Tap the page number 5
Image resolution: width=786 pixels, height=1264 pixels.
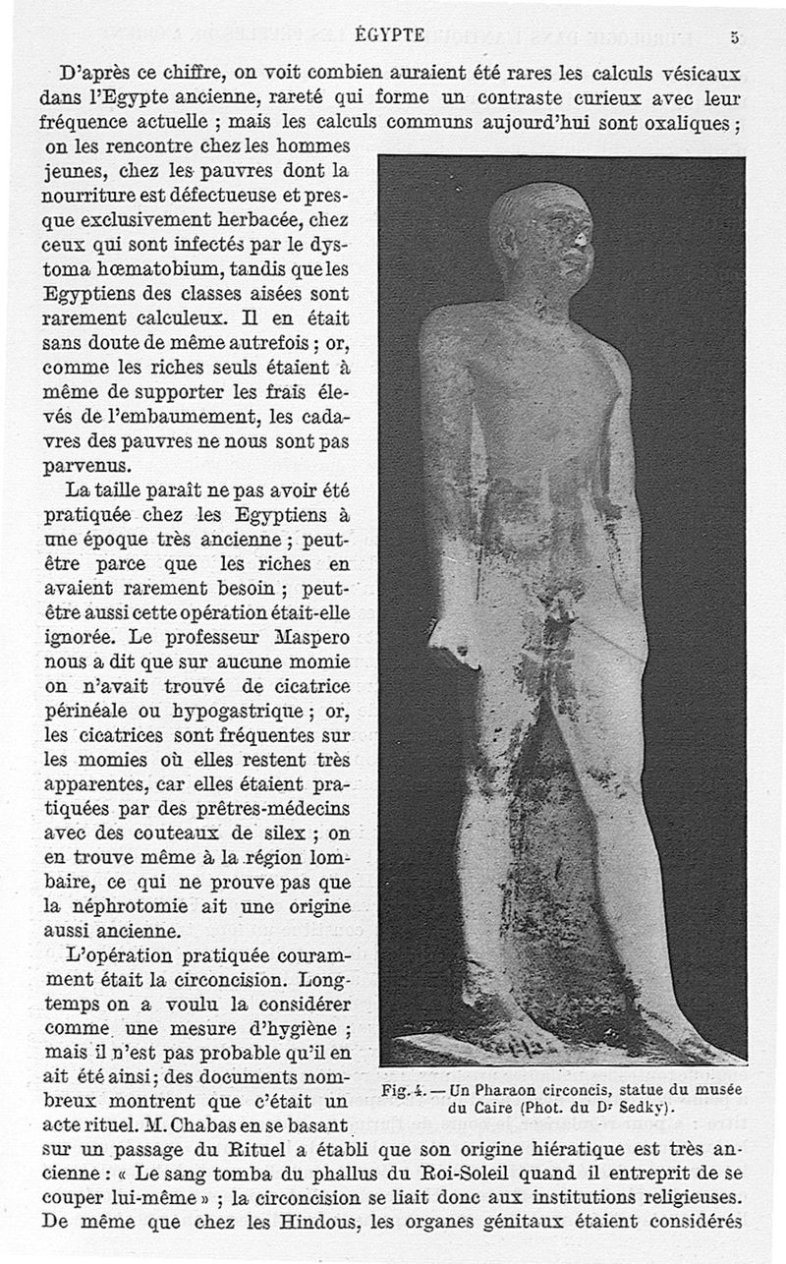[734, 37]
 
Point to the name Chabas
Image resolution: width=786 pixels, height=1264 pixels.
[221, 1123]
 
